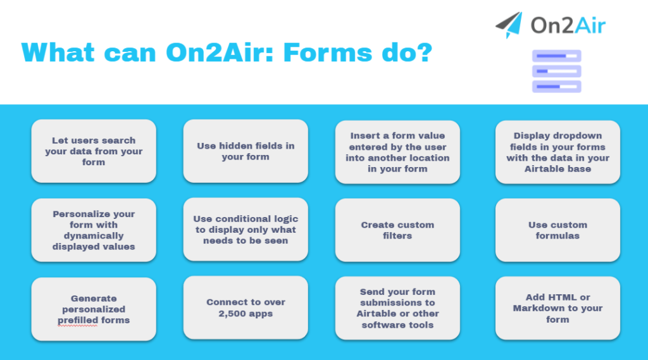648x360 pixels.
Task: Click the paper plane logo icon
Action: click(x=509, y=24)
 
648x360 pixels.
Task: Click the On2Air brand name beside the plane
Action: click(x=568, y=26)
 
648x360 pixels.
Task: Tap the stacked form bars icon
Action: click(x=556, y=71)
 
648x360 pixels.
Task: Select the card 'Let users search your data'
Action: click(x=94, y=151)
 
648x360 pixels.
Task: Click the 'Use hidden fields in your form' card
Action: click(x=246, y=151)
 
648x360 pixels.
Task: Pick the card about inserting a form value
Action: click(x=397, y=152)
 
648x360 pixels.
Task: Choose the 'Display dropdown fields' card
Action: click(x=558, y=152)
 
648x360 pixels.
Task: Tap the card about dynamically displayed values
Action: click(x=94, y=230)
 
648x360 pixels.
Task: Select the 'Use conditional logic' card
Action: click(x=246, y=230)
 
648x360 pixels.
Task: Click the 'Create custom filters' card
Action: click(x=397, y=230)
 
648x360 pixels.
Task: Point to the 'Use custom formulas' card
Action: click(x=558, y=230)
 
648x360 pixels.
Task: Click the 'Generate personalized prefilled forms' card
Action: click(x=94, y=309)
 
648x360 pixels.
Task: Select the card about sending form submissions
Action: click(x=397, y=308)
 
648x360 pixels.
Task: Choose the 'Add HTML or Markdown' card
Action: click(x=558, y=308)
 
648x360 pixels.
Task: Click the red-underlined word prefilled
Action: click(x=76, y=320)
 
